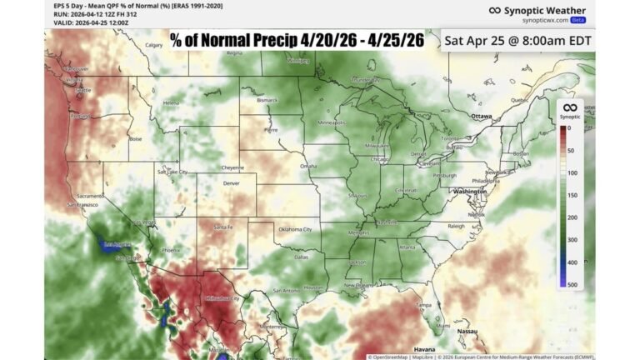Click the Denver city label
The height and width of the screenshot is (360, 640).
tap(231, 182)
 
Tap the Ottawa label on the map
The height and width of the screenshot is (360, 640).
tap(482, 116)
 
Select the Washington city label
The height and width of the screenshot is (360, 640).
tap(470, 191)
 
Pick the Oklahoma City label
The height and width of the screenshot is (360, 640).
tap(295, 228)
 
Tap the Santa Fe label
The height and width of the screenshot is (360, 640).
tap(222, 227)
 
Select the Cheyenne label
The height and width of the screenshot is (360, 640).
tap(232, 167)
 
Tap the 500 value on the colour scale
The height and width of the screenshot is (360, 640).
tap(572, 285)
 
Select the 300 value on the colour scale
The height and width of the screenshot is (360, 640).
tap(572, 240)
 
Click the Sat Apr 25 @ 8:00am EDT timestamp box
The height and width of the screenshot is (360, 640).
tap(517, 39)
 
